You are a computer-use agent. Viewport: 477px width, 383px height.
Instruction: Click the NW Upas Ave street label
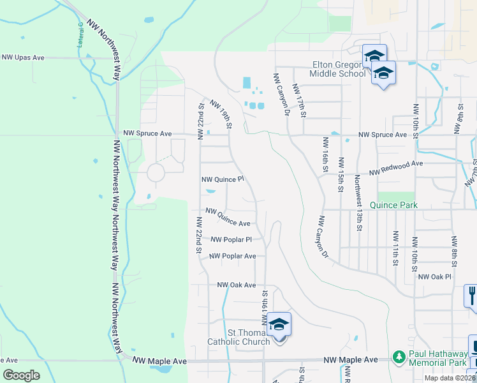pos(23,57)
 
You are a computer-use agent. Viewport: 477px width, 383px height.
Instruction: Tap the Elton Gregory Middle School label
pos(339,68)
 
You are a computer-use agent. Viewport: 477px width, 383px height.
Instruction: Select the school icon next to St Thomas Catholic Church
pos(279,324)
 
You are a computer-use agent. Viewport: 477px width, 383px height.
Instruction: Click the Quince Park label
pos(397,205)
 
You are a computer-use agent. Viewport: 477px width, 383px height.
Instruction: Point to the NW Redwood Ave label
pos(397,163)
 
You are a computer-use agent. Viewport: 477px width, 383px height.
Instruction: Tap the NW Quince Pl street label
pos(223,181)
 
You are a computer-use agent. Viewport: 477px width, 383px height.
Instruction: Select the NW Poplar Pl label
pos(231,239)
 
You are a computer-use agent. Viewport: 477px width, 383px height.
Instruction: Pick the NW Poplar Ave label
pos(233,256)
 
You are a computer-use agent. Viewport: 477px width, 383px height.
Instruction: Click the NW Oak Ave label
pos(236,285)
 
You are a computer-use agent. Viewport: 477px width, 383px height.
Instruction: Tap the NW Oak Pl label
pos(434,276)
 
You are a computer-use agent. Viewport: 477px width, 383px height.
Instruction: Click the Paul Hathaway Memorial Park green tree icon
pos(399,355)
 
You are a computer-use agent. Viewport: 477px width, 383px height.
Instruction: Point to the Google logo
pos(22,375)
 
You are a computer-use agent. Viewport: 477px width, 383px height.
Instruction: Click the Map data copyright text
pos(450,378)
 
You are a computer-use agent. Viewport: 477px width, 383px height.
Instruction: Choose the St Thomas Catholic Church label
pos(239,337)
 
